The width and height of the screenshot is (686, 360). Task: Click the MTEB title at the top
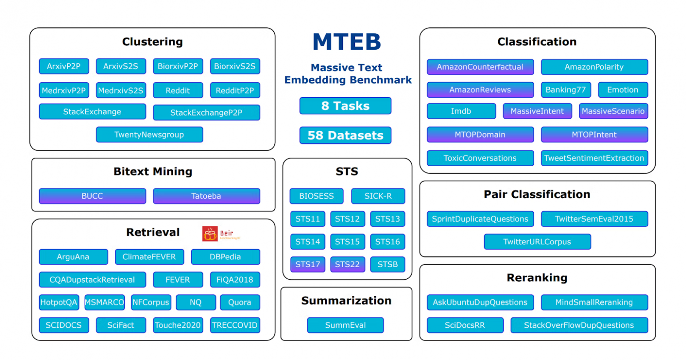pyautogui.click(x=347, y=42)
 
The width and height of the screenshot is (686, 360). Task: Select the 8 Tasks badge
pyautogui.click(x=345, y=106)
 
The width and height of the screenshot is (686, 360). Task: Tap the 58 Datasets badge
pyautogui.click(x=345, y=135)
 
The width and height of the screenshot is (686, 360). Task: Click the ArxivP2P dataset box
pyautogui.click(x=64, y=66)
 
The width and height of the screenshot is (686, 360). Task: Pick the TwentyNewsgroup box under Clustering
pyautogui.click(x=149, y=135)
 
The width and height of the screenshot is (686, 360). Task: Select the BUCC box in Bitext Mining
pyautogui.click(x=92, y=196)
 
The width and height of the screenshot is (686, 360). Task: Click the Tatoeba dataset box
pyautogui.click(x=206, y=196)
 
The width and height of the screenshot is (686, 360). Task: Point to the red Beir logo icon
pyautogui.click(x=210, y=234)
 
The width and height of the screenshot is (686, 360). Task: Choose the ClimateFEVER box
pyautogui.click(x=149, y=257)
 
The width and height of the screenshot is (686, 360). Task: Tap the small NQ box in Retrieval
pyautogui.click(x=196, y=302)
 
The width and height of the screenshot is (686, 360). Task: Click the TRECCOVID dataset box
pyautogui.click(x=235, y=325)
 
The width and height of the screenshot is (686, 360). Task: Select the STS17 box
pyautogui.click(x=307, y=264)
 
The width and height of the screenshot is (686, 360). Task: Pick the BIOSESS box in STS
pyautogui.click(x=316, y=196)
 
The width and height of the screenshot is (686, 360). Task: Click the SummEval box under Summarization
pyautogui.click(x=345, y=325)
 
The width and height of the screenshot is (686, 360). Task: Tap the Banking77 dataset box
pyautogui.click(x=566, y=90)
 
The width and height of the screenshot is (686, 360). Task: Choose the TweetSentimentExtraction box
pyautogui.click(x=594, y=158)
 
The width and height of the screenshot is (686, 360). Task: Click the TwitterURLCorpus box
pyautogui.click(x=537, y=242)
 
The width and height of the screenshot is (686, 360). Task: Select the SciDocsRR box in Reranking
pyautogui.click(x=465, y=325)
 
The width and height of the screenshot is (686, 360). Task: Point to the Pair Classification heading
pyautogui.click(x=537, y=194)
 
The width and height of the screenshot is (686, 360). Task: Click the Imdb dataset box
pyautogui.click(x=461, y=111)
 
